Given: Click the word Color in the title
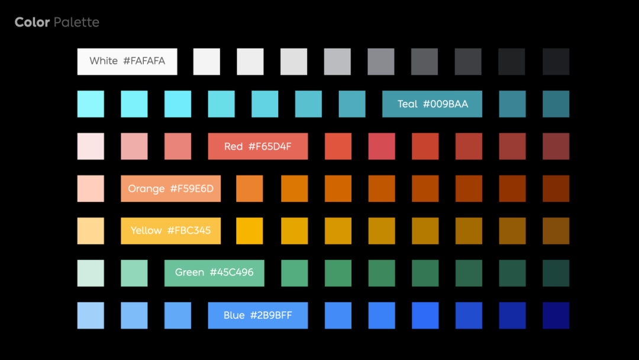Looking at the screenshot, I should click(x=33, y=22).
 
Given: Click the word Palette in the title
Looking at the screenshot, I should click(x=76, y=22).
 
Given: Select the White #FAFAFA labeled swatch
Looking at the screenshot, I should click(x=127, y=62).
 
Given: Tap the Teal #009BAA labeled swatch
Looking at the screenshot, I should click(x=432, y=104).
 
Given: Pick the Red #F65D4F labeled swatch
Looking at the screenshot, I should click(x=258, y=146).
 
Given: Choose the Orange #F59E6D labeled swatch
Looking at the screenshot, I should click(x=171, y=189).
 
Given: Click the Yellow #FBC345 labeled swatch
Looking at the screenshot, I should click(x=171, y=231).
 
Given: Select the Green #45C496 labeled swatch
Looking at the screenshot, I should click(x=214, y=273).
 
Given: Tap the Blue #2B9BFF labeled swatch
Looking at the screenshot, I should click(x=258, y=316).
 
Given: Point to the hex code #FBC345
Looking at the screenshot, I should click(x=189, y=231).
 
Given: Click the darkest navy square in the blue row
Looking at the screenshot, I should click(x=556, y=316).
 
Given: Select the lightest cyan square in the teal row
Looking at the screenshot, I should click(x=91, y=104).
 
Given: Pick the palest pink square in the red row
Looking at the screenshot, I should click(x=91, y=146).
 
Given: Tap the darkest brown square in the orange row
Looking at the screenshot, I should click(x=556, y=189).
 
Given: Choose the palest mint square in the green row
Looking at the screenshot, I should click(x=91, y=273).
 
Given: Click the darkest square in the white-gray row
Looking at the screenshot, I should click(x=556, y=62).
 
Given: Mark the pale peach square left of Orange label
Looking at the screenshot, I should click(x=91, y=189).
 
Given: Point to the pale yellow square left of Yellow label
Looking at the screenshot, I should click(x=91, y=231).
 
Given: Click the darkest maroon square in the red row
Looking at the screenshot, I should click(x=556, y=146).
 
